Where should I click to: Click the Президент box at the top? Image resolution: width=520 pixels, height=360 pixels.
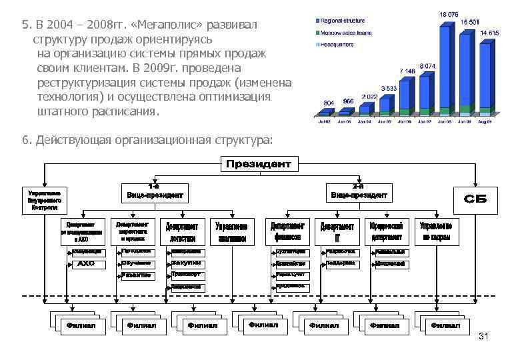tap(259, 164)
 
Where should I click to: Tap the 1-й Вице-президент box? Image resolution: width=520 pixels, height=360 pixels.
tap(154, 193)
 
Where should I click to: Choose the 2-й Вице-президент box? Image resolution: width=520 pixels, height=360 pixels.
tap(359, 193)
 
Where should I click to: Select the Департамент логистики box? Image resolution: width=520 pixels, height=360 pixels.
tap(182, 231)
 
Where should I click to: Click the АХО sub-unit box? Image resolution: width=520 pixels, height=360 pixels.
tap(86, 264)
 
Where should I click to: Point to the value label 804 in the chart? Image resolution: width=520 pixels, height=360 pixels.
tap(328, 103)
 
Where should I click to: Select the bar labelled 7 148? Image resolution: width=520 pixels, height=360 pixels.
tap(408, 93)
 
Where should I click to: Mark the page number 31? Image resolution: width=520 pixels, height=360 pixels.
tap(484, 337)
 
